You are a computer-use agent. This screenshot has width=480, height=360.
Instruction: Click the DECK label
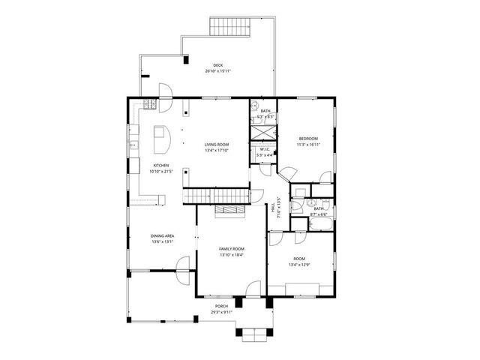[217, 65]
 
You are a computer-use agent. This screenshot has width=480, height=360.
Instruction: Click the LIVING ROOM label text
[217, 144]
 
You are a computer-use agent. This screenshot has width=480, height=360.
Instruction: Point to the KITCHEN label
[161, 166]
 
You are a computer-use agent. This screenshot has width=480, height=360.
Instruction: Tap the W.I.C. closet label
[265, 149]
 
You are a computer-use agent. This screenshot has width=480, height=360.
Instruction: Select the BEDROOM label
[308, 139]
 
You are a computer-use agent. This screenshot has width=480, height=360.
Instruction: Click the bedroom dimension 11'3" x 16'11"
[308, 145]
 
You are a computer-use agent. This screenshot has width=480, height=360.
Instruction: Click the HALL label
[271, 208]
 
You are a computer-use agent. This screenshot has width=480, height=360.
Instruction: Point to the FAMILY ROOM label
[232, 248]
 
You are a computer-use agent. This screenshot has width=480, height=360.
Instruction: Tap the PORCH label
[221, 306]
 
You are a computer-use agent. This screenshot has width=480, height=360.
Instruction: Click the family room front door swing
[254, 288]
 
